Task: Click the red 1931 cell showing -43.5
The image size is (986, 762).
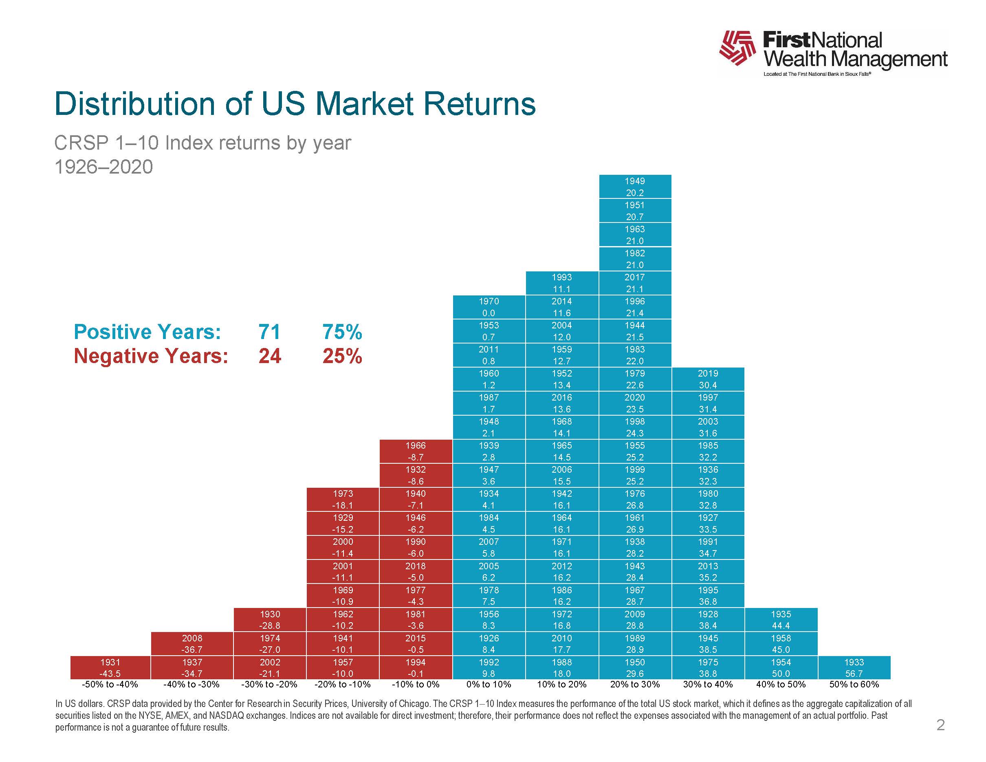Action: (x=110, y=667)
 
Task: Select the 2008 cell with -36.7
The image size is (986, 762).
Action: (x=192, y=644)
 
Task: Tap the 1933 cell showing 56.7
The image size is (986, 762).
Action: (x=854, y=667)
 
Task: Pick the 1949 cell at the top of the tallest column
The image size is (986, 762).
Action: (x=635, y=187)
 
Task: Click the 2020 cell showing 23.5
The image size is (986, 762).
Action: (x=635, y=403)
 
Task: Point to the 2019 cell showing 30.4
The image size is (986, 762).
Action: (x=708, y=379)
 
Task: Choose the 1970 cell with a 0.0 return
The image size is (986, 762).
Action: (x=489, y=307)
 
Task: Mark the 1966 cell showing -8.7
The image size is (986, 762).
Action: (x=415, y=451)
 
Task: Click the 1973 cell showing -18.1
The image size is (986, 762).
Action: (x=343, y=499)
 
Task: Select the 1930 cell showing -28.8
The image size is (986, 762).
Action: (x=270, y=620)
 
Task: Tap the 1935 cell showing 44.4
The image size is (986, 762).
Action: (x=781, y=620)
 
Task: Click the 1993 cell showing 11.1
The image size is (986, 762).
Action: (x=561, y=283)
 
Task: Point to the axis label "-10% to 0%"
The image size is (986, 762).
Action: (x=415, y=684)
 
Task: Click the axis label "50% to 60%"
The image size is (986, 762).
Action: (x=854, y=684)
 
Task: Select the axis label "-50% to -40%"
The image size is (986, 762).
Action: (x=110, y=684)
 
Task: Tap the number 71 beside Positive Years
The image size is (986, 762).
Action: (x=270, y=332)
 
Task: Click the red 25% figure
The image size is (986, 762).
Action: (x=342, y=356)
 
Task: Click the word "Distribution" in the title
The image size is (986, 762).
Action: (x=134, y=104)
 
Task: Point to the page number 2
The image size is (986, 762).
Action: (x=940, y=725)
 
